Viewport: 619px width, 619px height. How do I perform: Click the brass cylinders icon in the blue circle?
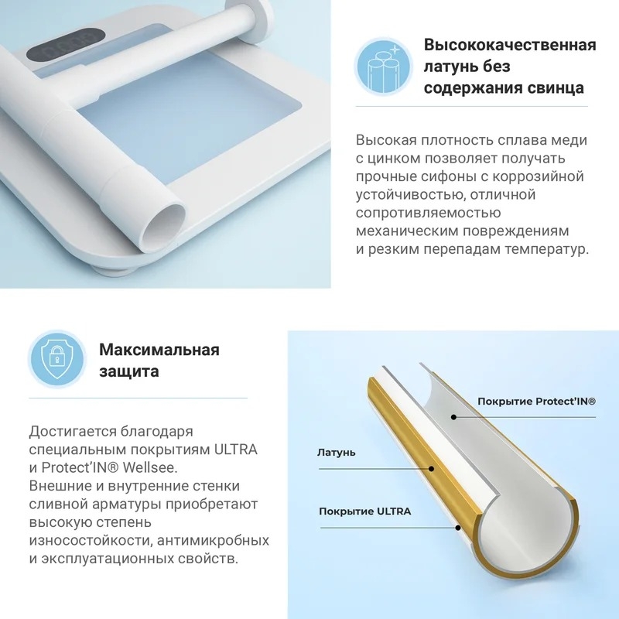point(383,67)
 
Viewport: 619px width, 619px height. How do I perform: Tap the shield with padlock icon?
point(56,359)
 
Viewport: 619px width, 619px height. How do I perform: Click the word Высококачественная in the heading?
point(510,45)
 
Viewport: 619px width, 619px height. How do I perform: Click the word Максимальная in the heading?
point(159,350)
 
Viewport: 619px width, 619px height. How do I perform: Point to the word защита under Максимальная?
point(129,371)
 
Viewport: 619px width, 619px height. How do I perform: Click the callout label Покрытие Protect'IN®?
point(536,402)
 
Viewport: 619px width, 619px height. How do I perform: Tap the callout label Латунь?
point(337,453)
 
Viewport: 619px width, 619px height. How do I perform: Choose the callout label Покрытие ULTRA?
point(364,511)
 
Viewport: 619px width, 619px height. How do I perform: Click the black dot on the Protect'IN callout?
point(454,417)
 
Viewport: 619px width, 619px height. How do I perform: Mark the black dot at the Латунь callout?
point(432,469)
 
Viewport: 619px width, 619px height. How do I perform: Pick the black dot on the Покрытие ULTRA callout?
point(458,528)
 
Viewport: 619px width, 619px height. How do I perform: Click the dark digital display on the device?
point(67,44)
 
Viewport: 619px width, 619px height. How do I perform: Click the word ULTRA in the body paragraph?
point(236,450)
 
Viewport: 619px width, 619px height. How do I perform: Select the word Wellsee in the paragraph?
point(149,468)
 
